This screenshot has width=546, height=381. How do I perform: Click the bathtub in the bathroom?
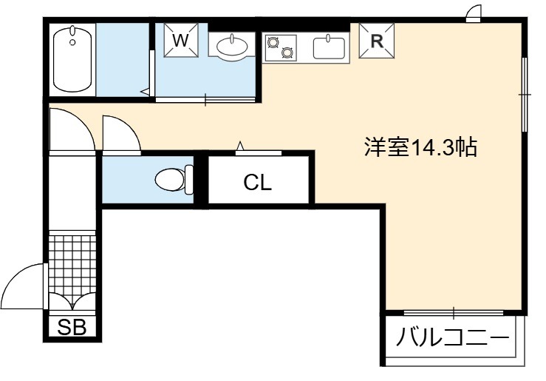(x=72, y=59)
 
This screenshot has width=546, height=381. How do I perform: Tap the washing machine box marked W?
(x=181, y=40)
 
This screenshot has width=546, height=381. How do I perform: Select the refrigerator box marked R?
(x=376, y=41)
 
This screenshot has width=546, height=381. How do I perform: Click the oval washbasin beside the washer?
(x=232, y=46)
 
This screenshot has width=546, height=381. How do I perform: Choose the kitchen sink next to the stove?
(x=329, y=47)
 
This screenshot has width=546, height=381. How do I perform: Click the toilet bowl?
(x=170, y=180)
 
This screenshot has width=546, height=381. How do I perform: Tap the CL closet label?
(x=257, y=182)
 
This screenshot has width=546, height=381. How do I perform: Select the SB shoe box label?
(x=72, y=327)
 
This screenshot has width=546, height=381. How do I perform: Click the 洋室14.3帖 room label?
(x=420, y=147)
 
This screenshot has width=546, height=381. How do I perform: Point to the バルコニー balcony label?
(x=452, y=337)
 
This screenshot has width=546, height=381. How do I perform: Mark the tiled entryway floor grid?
(x=72, y=264)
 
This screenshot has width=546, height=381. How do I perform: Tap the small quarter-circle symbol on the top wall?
(x=474, y=11)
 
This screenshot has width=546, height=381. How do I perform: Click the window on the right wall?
(x=524, y=95)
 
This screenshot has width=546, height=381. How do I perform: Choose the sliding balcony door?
(x=454, y=312)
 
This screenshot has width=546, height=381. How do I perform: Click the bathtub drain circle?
(x=72, y=42)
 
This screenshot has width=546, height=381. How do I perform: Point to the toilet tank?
(x=189, y=180)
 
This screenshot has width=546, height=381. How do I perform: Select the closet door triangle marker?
(x=240, y=146)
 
